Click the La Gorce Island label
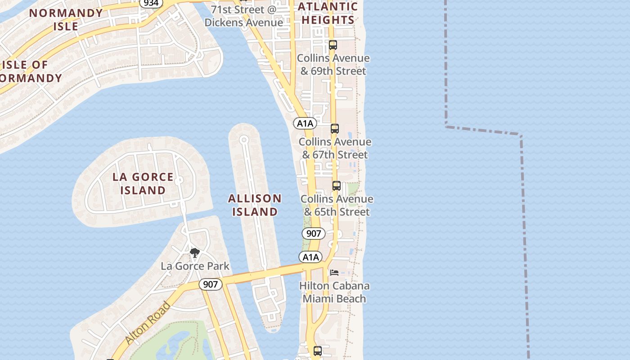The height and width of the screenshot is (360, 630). (143, 184)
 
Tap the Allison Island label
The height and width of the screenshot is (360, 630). (255, 205)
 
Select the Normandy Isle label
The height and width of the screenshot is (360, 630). (66, 19)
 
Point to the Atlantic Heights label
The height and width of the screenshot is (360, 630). (328, 13)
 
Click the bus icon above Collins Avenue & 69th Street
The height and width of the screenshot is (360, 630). (333, 45)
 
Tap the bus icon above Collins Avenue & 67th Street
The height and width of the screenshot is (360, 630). (334, 129)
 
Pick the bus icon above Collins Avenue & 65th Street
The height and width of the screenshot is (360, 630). (336, 186)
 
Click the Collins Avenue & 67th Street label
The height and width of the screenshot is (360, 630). (335, 148)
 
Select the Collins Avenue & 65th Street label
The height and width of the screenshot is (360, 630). (337, 205)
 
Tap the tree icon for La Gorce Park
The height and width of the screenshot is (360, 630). (194, 253)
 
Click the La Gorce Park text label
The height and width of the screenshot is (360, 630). (195, 266)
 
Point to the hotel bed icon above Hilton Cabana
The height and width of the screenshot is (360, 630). (334, 273)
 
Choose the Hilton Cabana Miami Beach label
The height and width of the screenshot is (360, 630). (334, 292)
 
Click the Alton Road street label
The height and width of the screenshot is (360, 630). (148, 323)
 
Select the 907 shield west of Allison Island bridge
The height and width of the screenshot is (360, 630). (210, 284)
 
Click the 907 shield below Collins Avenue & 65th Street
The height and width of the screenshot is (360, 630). (313, 234)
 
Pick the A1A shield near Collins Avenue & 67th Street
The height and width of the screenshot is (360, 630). (305, 123)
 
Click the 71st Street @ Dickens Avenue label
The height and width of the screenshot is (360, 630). (243, 16)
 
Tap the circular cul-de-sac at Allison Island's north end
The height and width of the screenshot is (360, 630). (244, 140)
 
